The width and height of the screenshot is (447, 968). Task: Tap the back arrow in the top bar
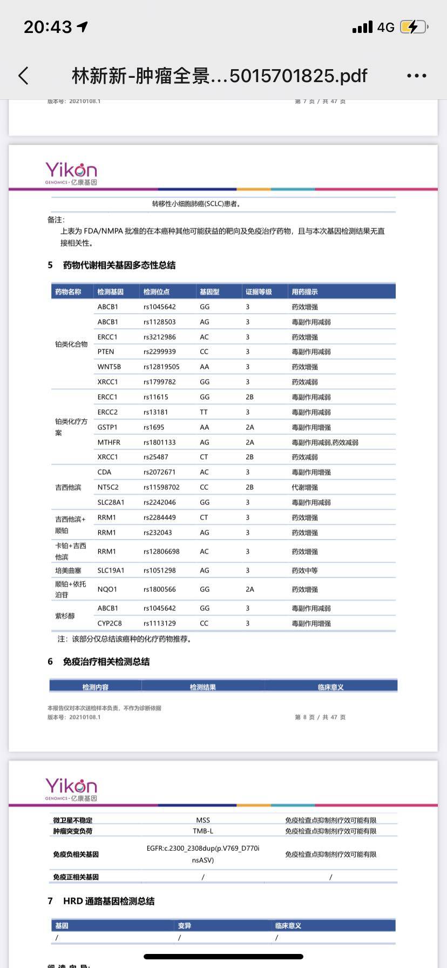coord(23,76)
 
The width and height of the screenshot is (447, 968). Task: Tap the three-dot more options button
coord(416,76)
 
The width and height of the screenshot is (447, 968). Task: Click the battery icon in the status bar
coord(414,27)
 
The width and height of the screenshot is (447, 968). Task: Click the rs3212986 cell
coord(159,337)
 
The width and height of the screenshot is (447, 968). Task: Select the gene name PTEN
coord(106,352)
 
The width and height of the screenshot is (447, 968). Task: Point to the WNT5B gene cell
coord(109,367)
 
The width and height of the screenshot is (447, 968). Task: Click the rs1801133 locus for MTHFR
coord(159,442)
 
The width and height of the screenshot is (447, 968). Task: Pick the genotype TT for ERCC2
coord(204,412)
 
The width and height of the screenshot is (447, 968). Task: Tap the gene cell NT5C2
coord(108,487)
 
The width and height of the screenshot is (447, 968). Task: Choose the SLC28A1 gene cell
coord(111,502)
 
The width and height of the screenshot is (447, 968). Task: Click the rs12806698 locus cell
coord(161,552)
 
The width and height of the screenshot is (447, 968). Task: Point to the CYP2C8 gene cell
coord(110,623)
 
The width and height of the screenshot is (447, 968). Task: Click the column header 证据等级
coord(259,292)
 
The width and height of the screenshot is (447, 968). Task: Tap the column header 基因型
coord(209,292)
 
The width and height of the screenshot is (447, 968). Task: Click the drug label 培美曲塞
coord(68,570)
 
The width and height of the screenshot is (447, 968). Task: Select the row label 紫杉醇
coord(65,616)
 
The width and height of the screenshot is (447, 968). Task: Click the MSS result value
coord(203,820)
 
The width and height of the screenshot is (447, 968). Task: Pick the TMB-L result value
coord(203,831)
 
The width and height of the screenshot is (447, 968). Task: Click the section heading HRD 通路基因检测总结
coord(109,901)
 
